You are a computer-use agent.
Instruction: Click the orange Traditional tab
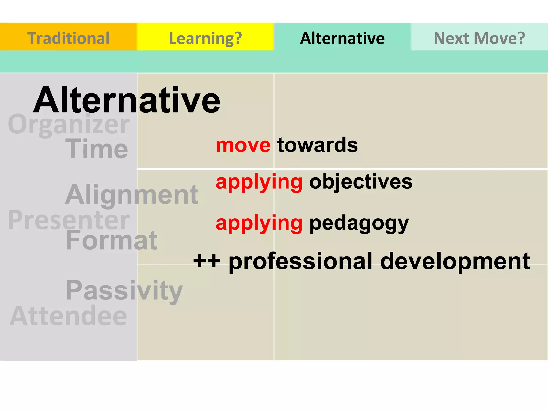click(68, 38)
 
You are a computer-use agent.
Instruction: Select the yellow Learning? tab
click(205, 38)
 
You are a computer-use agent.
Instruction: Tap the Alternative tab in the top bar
click(342, 38)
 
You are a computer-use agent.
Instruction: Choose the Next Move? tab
click(479, 38)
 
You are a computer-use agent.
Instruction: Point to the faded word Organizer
click(69, 124)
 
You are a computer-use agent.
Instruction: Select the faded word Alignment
click(132, 195)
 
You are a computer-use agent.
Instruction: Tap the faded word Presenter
click(69, 220)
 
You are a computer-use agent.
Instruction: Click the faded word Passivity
click(124, 290)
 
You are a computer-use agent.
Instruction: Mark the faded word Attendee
click(68, 316)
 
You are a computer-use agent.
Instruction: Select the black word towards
click(317, 145)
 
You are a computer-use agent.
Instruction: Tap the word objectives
click(361, 182)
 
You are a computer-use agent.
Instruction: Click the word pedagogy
click(359, 223)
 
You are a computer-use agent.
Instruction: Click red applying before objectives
click(259, 182)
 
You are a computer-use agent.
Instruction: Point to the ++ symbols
click(207, 261)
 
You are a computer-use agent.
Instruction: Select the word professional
click(300, 261)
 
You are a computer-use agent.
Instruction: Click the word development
click(455, 261)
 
